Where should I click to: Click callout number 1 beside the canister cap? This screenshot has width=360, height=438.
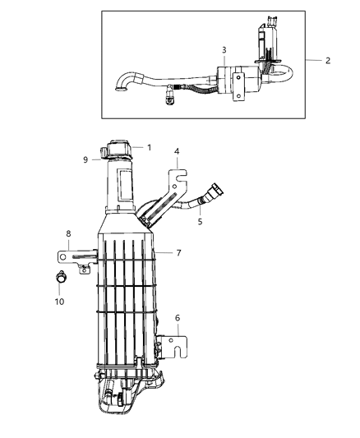(x=150, y=148)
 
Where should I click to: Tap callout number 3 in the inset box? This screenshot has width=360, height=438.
(x=224, y=50)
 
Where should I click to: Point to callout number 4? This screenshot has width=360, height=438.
(x=175, y=152)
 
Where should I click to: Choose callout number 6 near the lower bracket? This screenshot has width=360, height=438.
(x=177, y=317)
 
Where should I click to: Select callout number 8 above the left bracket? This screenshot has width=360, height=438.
(x=68, y=234)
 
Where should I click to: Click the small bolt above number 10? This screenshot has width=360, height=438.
(x=61, y=276)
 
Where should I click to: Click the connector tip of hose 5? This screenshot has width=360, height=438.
(x=216, y=194)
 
